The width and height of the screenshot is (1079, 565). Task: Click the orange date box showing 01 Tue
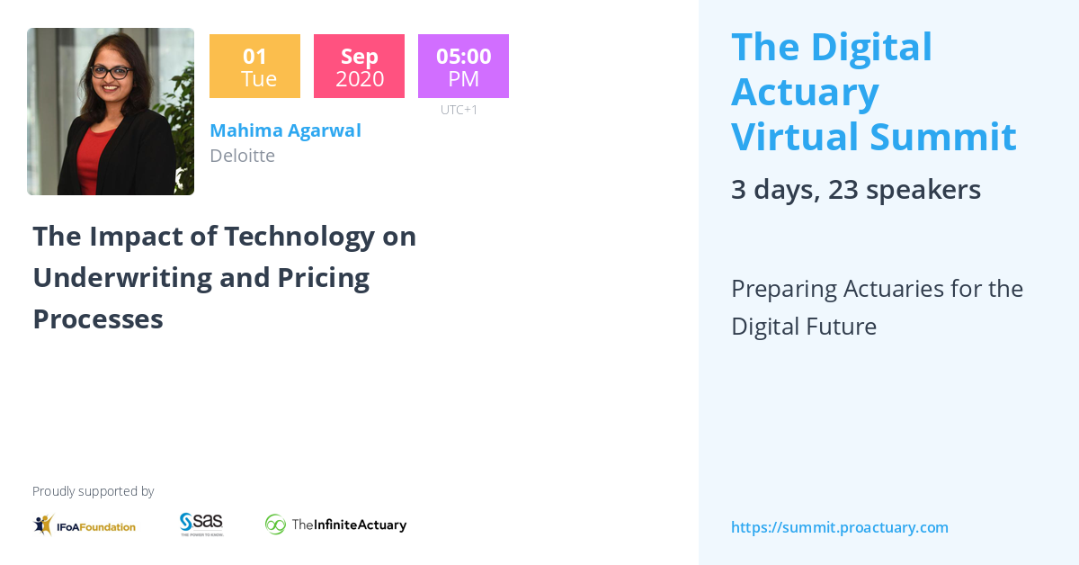click(254, 67)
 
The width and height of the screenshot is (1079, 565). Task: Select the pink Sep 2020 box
click(359, 67)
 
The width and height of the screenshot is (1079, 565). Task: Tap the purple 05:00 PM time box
click(463, 67)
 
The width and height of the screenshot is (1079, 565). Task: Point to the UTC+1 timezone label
click(459, 110)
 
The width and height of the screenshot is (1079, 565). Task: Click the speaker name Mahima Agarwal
click(285, 130)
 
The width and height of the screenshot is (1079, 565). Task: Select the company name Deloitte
click(242, 156)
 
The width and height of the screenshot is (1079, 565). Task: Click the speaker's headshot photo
click(111, 112)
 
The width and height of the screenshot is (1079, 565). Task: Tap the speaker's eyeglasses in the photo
click(111, 71)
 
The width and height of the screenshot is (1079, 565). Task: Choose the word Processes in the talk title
click(98, 318)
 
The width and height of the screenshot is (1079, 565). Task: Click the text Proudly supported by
click(93, 491)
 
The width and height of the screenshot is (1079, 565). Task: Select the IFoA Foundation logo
click(85, 525)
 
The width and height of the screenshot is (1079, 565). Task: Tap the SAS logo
click(201, 524)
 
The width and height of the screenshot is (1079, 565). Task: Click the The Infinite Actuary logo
click(335, 525)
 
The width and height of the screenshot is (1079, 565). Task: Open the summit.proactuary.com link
click(840, 527)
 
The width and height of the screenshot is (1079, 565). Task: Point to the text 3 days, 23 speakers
click(855, 190)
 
